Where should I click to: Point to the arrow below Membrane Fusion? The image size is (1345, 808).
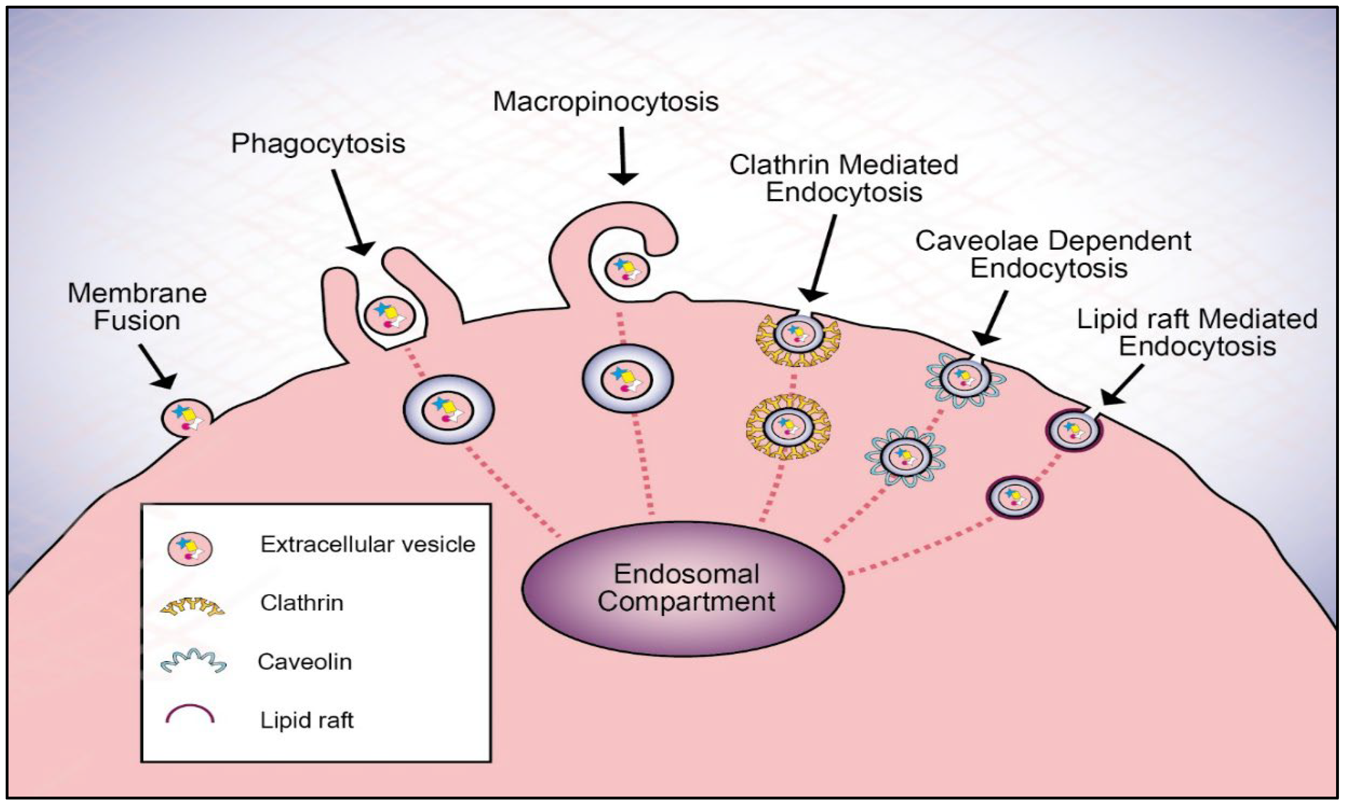[158, 366]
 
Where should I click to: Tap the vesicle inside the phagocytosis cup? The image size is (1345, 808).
[389, 315]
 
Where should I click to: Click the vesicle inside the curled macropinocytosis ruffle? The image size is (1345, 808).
[627, 269]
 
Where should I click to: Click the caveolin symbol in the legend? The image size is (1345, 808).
[193, 662]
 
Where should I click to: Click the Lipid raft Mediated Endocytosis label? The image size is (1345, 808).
[1197, 333]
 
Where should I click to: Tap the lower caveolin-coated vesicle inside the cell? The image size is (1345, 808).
[905, 457]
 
